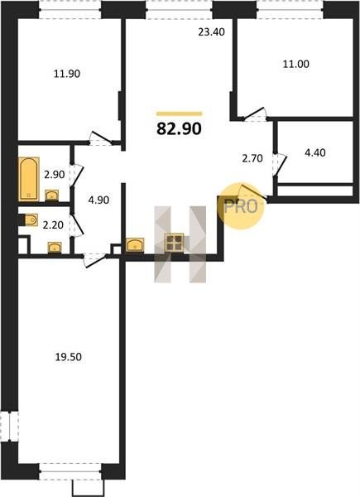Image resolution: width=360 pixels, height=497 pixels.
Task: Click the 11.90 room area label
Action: (x=67, y=74)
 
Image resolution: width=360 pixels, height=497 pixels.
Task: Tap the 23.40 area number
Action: (x=211, y=32)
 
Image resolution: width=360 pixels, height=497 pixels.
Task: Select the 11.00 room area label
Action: (x=295, y=64)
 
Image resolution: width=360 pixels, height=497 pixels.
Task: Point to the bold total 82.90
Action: (x=179, y=128)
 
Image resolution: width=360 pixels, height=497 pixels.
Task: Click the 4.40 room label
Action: (x=315, y=152)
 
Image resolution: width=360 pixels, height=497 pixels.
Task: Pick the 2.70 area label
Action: (x=252, y=158)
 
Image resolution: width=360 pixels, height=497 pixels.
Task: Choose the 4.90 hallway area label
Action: (x=98, y=200)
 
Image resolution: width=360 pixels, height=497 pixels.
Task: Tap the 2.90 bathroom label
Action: (x=54, y=174)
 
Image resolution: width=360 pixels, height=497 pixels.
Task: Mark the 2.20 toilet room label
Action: (x=53, y=225)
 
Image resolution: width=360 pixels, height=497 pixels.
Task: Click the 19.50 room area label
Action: (x=69, y=357)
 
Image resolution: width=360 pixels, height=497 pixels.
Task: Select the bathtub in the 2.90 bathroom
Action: (x=29, y=179)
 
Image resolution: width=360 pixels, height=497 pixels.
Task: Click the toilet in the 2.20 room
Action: (x=28, y=220)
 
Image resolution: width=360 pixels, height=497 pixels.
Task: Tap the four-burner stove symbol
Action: (x=174, y=243)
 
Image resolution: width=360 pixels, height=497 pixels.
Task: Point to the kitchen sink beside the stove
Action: (x=135, y=245)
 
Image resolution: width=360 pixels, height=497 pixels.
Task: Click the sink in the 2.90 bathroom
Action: (x=51, y=195)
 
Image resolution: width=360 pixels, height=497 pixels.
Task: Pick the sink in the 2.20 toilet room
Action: (x=55, y=248)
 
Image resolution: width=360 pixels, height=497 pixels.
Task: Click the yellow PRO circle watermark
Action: (x=241, y=206)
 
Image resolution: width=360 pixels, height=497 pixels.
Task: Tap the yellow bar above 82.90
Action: (x=180, y=113)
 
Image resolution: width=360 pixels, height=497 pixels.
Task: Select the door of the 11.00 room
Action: (x=254, y=115)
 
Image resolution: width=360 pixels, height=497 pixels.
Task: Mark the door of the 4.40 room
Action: (x=280, y=165)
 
